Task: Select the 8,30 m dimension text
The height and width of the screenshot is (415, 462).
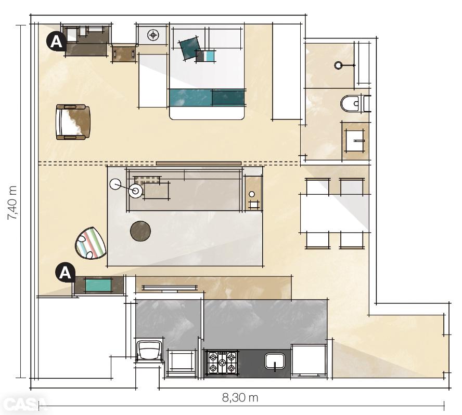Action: pos(240,398)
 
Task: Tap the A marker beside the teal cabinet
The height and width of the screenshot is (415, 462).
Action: pos(65,273)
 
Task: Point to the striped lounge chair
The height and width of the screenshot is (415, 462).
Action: pos(91,244)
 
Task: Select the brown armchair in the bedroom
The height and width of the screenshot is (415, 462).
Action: pos(73,122)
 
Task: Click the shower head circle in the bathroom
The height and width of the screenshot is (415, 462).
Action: pos(339,65)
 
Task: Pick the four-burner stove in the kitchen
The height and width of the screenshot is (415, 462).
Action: pos(222,362)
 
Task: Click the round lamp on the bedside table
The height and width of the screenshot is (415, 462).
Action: pos(153,35)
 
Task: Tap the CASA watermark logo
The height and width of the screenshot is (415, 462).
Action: pos(23,405)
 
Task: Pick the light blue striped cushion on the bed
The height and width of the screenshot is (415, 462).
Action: pos(209,56)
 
